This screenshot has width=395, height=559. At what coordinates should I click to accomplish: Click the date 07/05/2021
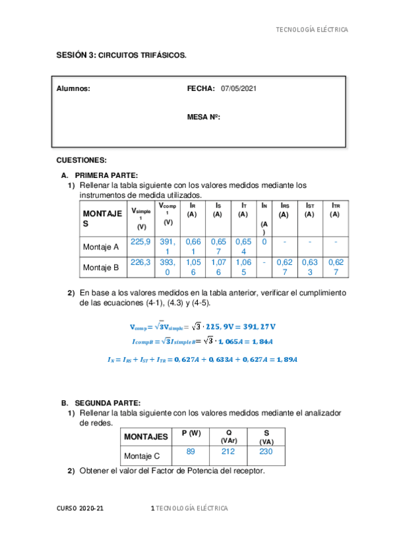[239, 88]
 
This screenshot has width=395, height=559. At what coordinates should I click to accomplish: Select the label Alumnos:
[73, 88]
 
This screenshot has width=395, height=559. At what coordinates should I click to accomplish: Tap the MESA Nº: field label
[204, 117]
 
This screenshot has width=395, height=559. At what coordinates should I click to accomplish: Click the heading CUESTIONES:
[82, 160]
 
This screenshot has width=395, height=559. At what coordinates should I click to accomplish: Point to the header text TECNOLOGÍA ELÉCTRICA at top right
[311, 30]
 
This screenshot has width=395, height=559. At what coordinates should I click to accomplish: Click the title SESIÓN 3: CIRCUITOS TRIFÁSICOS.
[121, 56]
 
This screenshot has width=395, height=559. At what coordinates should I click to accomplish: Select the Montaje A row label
[101, 247]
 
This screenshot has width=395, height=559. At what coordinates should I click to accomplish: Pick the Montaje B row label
[101, 268]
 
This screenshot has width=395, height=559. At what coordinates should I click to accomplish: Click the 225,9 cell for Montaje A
[140, 242]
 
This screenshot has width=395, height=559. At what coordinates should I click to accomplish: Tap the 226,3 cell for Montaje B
[140, 262]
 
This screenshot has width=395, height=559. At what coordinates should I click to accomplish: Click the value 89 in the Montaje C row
[190, 452]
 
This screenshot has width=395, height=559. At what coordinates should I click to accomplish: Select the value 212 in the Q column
[229, 452]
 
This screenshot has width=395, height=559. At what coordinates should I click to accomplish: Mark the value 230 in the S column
[266, 452]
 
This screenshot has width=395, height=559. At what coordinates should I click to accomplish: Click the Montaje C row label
[142, 456]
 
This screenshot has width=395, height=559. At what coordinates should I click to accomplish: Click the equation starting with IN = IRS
[202, 359]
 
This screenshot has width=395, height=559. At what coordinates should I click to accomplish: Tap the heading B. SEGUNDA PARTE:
[101, 402]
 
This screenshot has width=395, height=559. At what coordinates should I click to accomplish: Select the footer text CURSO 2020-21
[80, 508]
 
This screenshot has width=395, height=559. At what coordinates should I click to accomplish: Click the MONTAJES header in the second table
[146, 436]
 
